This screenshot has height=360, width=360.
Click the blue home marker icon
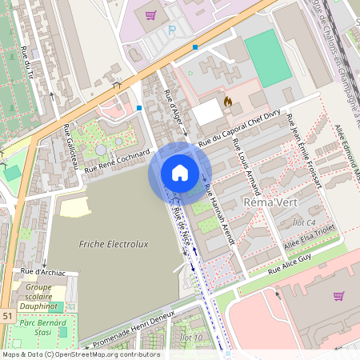pos(179,172)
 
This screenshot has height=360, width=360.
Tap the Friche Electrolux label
pos(117,243)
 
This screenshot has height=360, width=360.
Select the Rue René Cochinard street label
pos(118,160)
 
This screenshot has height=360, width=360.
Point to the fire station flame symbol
pos(228,102)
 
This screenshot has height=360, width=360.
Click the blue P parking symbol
pos(171,30)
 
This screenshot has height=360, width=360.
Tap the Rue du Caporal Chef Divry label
pos(240,130)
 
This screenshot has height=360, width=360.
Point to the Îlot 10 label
pos(192,338)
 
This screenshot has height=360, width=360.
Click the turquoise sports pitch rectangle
pos(268,58)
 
